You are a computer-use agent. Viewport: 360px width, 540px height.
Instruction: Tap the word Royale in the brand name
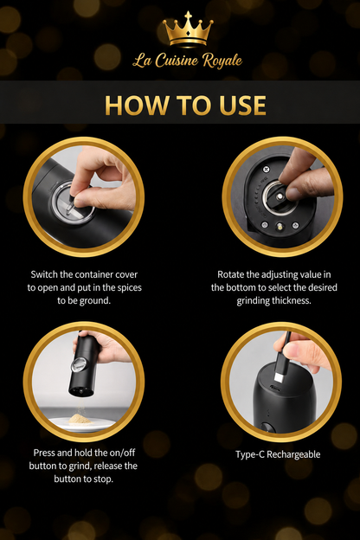click(222, 61)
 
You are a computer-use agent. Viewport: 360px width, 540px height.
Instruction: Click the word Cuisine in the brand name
click(177, 61)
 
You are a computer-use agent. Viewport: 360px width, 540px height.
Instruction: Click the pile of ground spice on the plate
click(80, 419)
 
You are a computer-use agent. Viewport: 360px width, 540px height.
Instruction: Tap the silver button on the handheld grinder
click(80, 364)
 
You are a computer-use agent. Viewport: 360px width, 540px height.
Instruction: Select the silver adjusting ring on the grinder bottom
click(279, 197)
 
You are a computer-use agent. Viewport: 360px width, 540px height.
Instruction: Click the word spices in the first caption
click(129, 287)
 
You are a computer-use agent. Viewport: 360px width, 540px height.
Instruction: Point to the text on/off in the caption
click(123, 453)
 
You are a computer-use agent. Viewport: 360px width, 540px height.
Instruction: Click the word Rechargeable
click(293, 454)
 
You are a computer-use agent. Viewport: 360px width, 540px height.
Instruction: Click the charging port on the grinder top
click(275, 388)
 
